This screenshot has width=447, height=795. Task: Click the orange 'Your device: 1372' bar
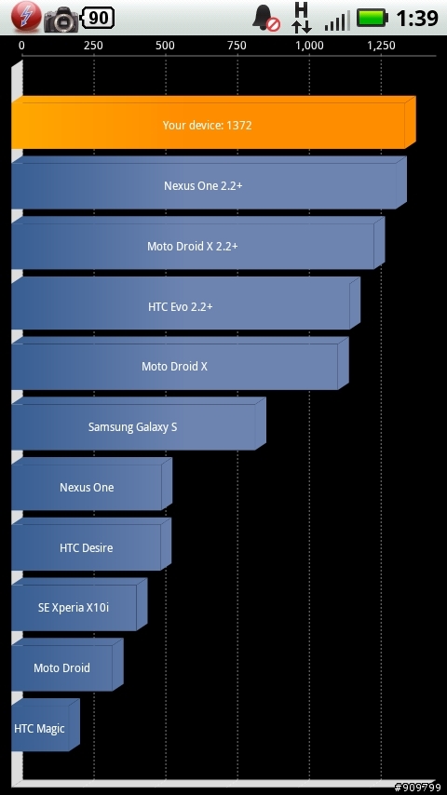(213, 122)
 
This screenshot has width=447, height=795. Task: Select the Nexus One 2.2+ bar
(209, 182)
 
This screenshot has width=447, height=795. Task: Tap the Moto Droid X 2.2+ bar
(197, 243)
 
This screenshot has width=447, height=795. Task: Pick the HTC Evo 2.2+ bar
(185, 303)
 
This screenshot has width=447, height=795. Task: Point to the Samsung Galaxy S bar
(139, 424)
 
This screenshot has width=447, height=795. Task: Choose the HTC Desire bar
(91, 544)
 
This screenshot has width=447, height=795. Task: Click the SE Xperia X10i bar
(79, 604)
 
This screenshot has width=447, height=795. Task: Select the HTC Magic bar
(45, 725)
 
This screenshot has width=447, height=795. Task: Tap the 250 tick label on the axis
(93, 46)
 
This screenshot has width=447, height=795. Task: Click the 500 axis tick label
(166, 46)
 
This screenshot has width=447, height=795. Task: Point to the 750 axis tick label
(237, 46)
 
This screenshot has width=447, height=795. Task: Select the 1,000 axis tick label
(309, 47)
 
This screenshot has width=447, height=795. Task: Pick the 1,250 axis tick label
(382, 47)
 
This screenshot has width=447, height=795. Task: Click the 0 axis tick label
(21, 46)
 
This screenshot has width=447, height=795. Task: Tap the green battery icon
(372, 18)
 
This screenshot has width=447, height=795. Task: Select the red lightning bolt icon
(26, 16)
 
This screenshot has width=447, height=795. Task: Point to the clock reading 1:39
(416, 19)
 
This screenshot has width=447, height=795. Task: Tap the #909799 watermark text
(417, 788)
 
